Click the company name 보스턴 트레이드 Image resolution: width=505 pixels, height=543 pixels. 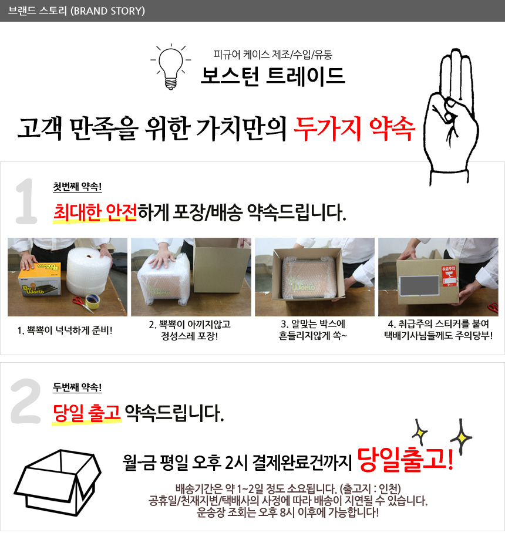point(272,76)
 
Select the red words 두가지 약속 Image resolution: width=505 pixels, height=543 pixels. point(354,129)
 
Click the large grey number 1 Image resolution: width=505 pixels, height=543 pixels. point(26,201)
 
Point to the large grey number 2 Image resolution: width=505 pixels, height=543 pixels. point(26,401)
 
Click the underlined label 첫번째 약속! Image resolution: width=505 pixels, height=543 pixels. point(78,187)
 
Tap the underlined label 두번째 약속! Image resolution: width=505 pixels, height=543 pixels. point(78,387)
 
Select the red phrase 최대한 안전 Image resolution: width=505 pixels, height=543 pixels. point(95,213)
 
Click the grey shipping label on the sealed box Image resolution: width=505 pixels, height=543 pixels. point(419,286)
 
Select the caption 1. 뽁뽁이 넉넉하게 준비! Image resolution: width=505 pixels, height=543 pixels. point(65,330)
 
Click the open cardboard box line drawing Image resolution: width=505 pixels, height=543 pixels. point(58,483)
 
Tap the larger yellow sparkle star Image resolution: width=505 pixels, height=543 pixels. point(462,437)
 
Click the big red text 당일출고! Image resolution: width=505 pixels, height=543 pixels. point(405,460)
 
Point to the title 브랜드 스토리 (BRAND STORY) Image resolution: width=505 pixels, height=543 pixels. point(76,11)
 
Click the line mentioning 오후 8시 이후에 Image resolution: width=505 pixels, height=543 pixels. point(288,512)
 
